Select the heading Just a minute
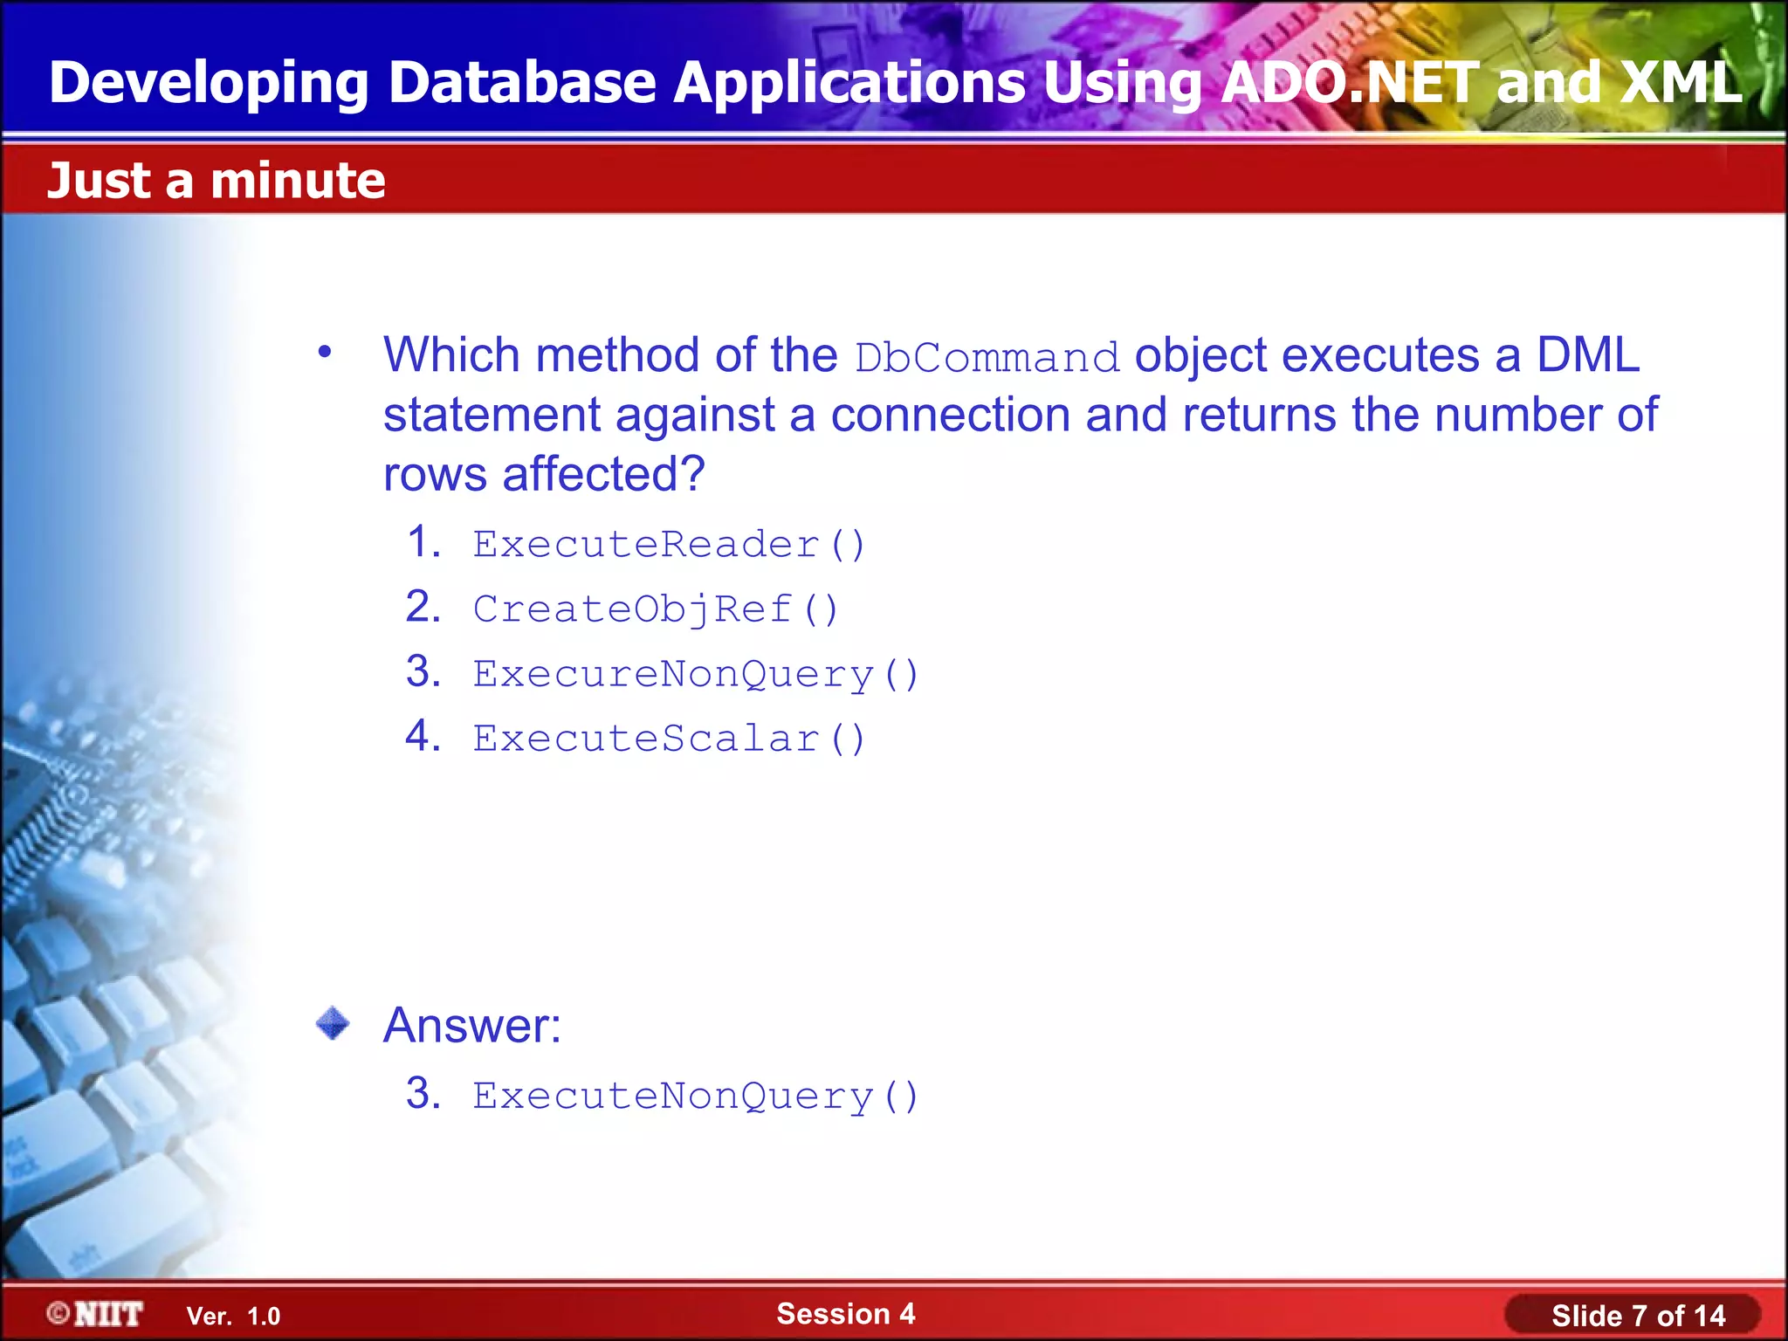click(216, 181)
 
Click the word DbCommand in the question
click(987, 358)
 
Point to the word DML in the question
click(1587, 355)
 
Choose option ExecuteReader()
click(669, 545)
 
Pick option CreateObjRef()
click(655, 609)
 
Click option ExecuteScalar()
click(669, 739)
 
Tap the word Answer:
click(471, 1025)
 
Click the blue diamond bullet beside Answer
click(333, 1023)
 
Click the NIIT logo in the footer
click(95, 1314)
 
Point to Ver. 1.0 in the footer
click(233, 1316)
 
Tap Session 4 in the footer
click(845, 1313)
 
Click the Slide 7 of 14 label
click(1638, 1316)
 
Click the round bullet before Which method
click(325, 353)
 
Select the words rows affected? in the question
click(543, 474)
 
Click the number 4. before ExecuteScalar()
click(423, 736)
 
